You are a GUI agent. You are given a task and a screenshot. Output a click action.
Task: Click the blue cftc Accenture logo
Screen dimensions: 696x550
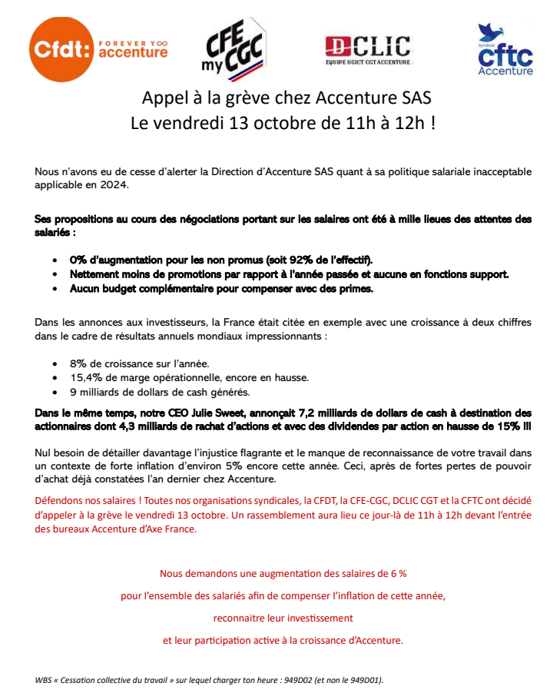point(504,50)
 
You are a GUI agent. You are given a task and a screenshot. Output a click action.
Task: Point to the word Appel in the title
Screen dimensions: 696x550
point(161,98)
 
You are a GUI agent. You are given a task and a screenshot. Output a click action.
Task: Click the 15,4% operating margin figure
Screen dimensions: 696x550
point(85,377)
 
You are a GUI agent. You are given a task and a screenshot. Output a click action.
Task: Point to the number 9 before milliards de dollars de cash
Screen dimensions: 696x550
point(73,392)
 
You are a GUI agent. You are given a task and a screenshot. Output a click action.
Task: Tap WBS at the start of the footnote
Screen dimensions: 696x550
point(45,680)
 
